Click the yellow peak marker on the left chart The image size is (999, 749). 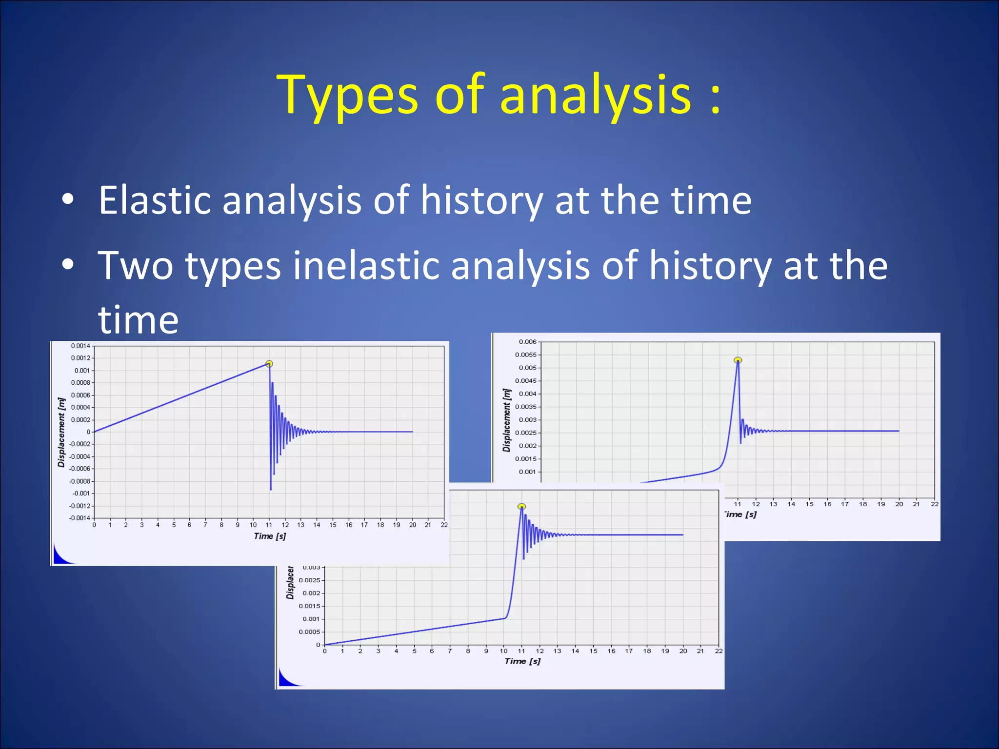point(269,364)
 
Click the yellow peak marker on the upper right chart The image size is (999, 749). point(738,360)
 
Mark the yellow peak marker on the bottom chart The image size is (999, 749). point(521,507)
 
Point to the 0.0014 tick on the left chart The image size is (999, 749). point(80,346)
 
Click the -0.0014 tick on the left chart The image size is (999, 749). point(80,518)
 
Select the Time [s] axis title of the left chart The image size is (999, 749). point(270,536)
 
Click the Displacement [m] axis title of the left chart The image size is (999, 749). point(61,432)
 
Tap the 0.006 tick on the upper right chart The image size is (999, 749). point(528,342)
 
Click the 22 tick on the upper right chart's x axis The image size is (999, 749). point(934,504)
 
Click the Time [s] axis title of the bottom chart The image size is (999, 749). point(522,661)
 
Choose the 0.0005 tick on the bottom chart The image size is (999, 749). point(309,632)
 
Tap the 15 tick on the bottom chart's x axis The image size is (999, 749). point(593,651)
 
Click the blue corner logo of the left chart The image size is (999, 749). point(62,556)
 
